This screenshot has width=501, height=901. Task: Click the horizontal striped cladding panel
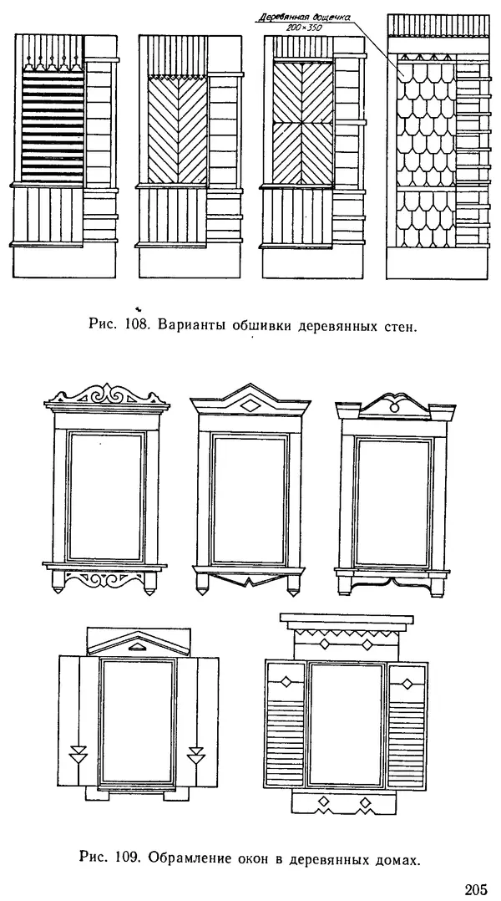51,125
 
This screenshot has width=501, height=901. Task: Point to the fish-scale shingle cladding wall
425,150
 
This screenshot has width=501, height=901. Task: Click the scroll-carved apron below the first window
107,579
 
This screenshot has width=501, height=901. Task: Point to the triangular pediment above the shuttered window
137,642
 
